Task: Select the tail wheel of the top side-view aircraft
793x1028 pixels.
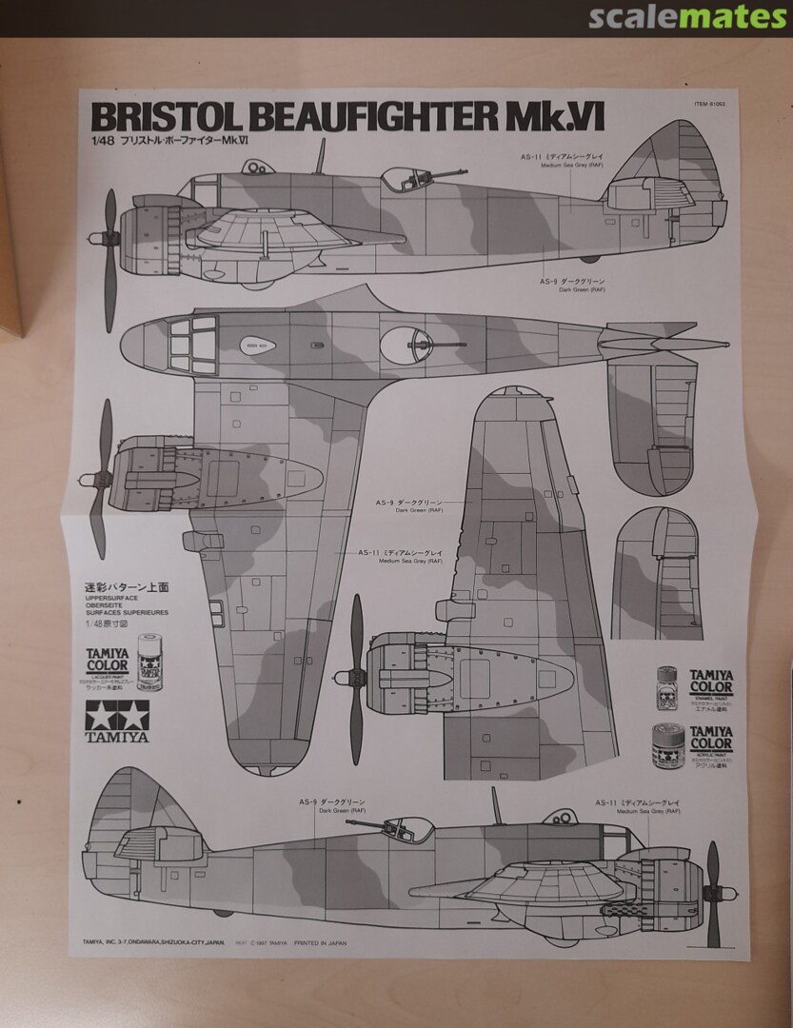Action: pos(590,258)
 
